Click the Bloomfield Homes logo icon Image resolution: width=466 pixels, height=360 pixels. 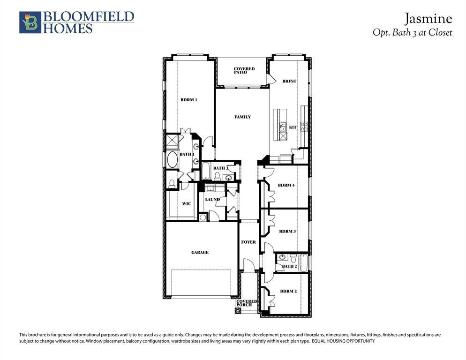coord(30,22)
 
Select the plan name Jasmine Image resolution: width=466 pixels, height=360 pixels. coord(428,19)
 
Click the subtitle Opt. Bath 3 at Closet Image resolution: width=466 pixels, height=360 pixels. coord(412,33)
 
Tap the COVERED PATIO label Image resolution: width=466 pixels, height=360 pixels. coord(244,71)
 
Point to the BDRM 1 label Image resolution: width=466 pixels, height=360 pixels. coord(189,100)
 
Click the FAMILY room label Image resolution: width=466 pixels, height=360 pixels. coord(242,117)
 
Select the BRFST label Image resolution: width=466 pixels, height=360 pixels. coord(289,81)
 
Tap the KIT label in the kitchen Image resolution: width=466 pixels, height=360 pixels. coord(293,127)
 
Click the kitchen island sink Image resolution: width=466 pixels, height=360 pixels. coord(283,127)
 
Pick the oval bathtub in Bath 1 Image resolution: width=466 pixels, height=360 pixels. coord(172,160)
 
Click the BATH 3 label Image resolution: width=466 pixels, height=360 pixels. coord(220,168)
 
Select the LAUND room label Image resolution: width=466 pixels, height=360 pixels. coord(212,200)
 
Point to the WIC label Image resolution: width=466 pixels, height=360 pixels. coord(186,204)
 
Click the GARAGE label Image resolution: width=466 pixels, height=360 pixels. coord(200,252)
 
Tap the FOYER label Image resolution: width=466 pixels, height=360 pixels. coord(248,242)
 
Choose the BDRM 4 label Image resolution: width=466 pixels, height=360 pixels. coord(286,185)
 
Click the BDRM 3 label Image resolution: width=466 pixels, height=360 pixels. coord(287,231)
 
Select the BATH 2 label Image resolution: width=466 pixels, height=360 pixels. coord(289,266)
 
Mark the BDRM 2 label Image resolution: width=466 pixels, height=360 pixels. coord(288,291)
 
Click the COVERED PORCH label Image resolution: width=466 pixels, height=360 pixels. coord(247,303)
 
